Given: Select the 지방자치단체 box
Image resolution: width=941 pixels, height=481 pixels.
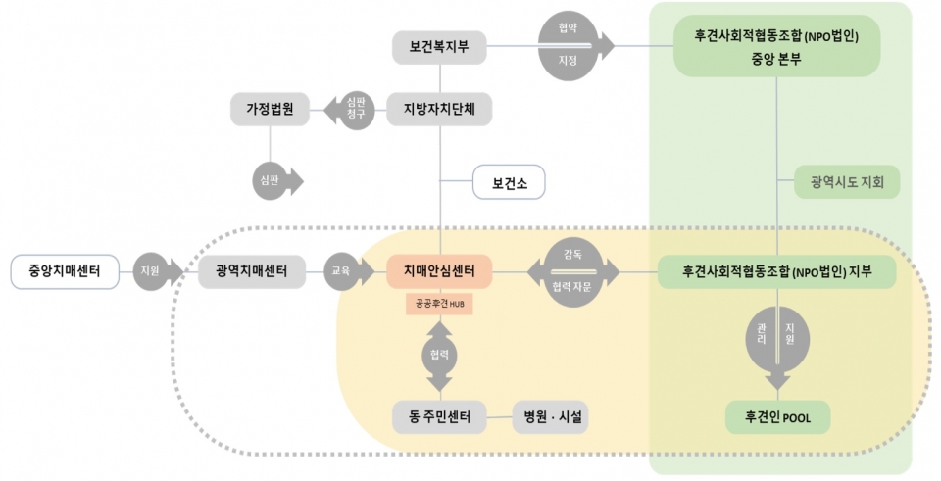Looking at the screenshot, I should click(439, 109).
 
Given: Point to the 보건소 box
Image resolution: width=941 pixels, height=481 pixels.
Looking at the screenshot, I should click(508, 182).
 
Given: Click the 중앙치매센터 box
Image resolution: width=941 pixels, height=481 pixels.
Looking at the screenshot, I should click(64, 271).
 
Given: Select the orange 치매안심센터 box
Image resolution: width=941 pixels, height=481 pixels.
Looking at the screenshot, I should click(439, 271).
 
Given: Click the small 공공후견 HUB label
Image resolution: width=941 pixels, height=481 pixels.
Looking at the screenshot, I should click(439, 306).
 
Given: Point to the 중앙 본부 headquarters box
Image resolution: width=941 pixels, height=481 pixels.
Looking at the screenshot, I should click(776, 46).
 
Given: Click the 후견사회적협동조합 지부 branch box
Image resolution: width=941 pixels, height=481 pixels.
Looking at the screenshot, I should click(776, 271).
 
